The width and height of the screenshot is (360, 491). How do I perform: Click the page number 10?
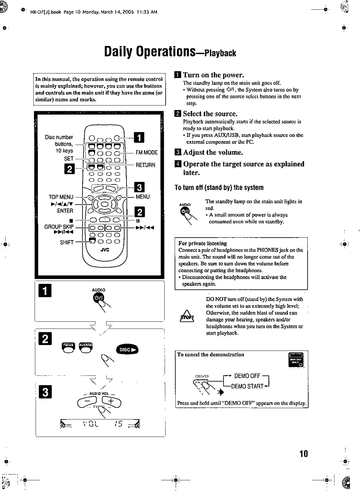303,453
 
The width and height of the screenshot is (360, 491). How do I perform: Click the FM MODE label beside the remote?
146,152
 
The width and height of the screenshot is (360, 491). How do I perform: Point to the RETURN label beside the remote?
145,165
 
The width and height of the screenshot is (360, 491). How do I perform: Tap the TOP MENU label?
61,197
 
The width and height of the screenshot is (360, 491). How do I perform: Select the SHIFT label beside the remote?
67,242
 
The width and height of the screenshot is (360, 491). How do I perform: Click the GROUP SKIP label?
59,226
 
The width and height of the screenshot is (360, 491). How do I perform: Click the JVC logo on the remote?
105,249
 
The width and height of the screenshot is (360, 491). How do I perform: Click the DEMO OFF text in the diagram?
247,376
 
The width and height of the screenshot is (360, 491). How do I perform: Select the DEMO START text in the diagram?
247,386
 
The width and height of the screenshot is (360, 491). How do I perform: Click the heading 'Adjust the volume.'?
213,152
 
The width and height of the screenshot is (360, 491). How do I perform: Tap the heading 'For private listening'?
203,243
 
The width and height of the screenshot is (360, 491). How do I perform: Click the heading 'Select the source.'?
210,114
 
